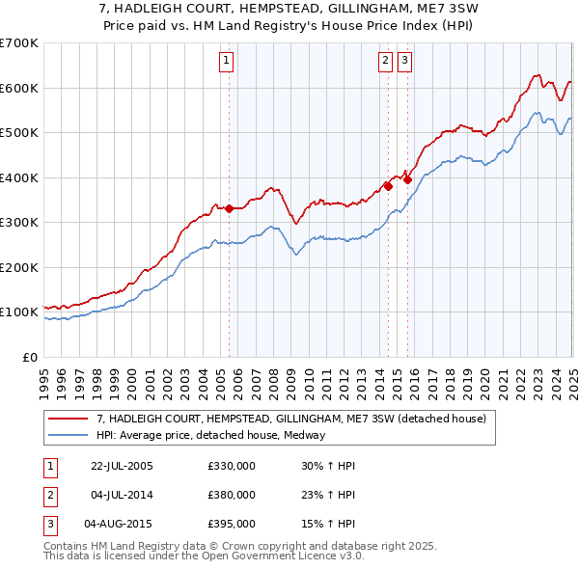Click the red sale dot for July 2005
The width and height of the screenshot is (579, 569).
pos(230,208)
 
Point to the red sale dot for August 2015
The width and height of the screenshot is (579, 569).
pos(407,179)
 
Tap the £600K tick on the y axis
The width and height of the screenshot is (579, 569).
pos(18,88)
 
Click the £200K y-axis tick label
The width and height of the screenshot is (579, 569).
pos(18,267)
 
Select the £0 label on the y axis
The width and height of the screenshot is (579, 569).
pos(29,357)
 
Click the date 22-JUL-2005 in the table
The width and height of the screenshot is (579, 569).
pos(122,466)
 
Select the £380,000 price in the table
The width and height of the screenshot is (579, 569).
pos(231,495)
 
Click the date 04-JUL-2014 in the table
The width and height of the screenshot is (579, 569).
pos(122,495)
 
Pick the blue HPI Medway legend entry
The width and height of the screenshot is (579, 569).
pos(210,435)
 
